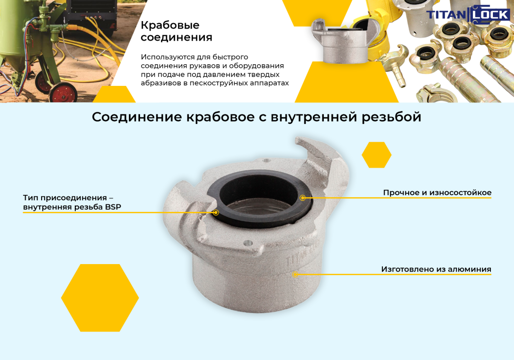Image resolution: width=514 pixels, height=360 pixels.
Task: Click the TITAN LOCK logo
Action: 468,15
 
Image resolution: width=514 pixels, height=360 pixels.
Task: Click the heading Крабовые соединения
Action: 176,31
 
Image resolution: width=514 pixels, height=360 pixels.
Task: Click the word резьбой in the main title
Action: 392,117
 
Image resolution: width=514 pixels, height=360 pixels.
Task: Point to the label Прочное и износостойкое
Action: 437,193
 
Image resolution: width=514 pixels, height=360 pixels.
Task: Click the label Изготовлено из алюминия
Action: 436,270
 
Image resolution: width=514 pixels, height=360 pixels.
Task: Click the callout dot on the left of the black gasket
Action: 216,212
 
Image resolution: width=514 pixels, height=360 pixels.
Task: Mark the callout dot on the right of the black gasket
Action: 303,198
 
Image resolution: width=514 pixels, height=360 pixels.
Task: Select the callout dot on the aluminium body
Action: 295,274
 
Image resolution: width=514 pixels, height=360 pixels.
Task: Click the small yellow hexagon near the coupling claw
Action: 376,155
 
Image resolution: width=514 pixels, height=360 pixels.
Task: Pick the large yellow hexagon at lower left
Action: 100,298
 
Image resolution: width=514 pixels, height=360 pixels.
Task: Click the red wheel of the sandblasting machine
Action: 63,93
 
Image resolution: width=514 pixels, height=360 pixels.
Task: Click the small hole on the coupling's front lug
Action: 248,244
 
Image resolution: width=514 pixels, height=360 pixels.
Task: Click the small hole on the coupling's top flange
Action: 267,161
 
